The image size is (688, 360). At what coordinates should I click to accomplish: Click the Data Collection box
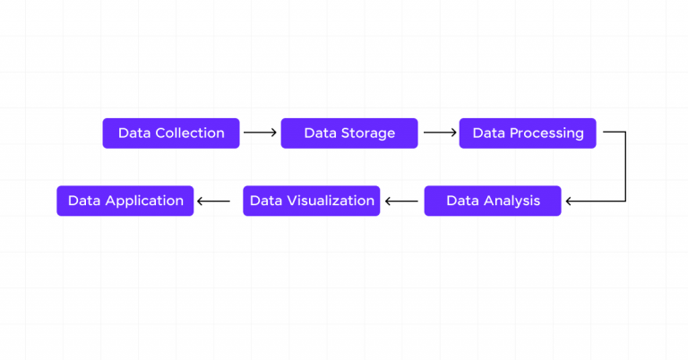pos(171,133)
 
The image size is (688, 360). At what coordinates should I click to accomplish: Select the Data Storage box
pos(349,133)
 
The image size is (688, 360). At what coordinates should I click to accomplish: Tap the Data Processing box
pos(528,133)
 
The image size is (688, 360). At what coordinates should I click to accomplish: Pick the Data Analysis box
pos(493,201)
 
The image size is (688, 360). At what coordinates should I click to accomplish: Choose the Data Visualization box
pos(312,201)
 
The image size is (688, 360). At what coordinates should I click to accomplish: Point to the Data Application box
pos(125,201)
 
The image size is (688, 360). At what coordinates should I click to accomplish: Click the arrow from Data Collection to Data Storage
pos(260,133)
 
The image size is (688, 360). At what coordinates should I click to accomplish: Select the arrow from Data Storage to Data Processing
pos(439,133)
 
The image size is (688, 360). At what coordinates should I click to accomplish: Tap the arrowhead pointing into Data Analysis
pos(570,201)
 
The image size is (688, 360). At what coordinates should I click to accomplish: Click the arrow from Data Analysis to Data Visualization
pos(401,201)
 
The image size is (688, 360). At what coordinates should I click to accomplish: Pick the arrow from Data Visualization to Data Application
pos(214,201)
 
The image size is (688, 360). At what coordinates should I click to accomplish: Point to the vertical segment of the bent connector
pos(624,167)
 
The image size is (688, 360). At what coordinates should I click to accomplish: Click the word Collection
pos(190,133)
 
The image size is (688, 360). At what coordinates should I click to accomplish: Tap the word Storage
pos(368,133)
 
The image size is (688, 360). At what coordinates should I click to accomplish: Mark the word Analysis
pos(512,201)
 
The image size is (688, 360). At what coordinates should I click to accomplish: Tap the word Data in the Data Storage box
pos(320,133)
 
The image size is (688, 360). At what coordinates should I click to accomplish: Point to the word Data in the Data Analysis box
pos(462,201)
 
